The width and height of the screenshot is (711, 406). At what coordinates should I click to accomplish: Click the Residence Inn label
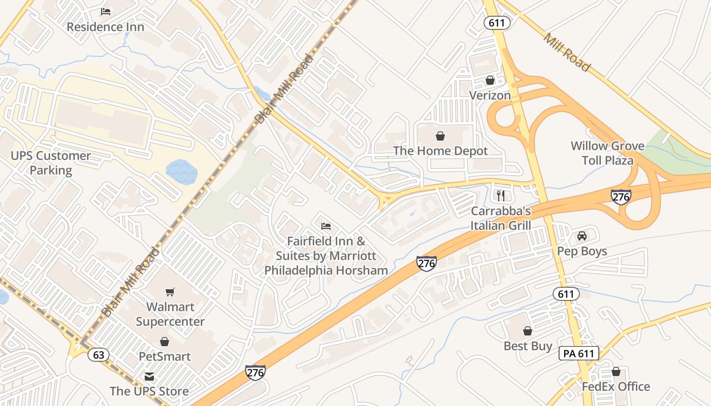tap(106, 27)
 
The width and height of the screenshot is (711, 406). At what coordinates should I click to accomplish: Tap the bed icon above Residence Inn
tap(106, 11)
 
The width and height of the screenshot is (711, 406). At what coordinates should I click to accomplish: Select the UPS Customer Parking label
tap(51, 163)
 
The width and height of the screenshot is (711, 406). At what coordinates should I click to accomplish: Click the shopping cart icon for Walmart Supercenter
tap(170, 292)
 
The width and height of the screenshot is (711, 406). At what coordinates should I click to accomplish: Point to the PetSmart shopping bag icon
tap(165, 342)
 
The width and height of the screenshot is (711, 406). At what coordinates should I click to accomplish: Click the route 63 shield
tap(99, 354)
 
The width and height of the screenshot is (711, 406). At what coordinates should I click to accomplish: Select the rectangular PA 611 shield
tap(579, 353)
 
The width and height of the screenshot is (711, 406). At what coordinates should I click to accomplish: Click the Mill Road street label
tap(567, 52)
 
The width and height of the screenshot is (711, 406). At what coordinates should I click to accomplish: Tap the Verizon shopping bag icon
tap(490, 80)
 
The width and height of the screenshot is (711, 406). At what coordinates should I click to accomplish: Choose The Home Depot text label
tap(440, 151)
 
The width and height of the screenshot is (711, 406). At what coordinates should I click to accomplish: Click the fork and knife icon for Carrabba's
tap(501, 195)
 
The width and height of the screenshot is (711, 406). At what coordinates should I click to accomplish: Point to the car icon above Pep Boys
tap(582, 236)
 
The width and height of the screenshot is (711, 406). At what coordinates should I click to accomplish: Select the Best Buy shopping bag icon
tap(528, 331)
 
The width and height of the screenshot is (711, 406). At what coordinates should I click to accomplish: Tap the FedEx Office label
tap(616, 387)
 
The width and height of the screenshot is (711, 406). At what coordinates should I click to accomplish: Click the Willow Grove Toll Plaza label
tap(607, 153)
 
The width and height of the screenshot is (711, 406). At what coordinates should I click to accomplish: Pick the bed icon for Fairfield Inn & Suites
tap(326, 226)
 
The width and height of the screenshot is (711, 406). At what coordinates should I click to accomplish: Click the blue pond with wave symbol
tap(181, 172)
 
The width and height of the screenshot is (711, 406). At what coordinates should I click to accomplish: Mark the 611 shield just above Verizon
tap(497, 23)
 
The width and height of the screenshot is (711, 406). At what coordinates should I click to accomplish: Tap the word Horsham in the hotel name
tap(360, 270)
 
